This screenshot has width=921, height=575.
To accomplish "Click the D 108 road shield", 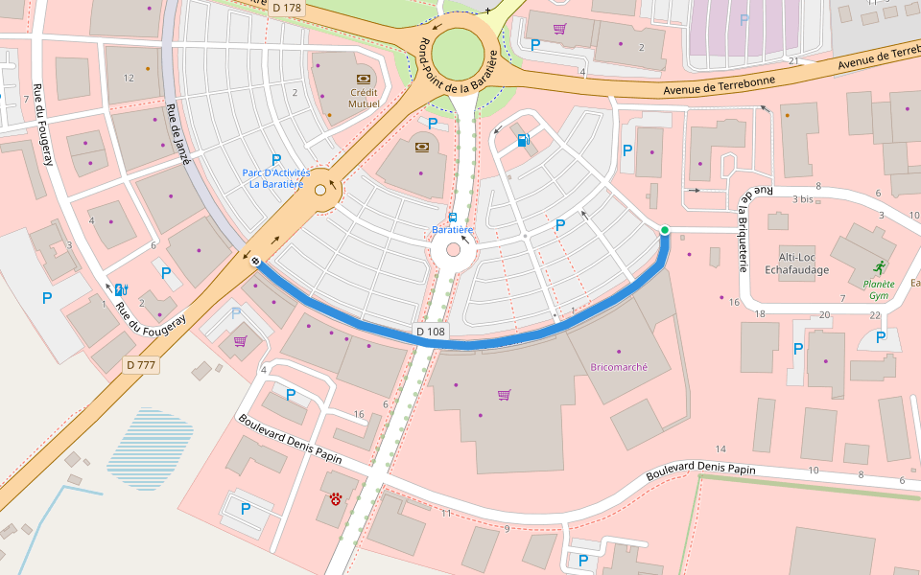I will pyautogui.click(x=432, y=332).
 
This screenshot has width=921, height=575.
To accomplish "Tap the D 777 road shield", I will pyautogui.click(x=141, y=365).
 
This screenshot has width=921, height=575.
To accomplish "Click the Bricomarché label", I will pyautogui.click(x=619, y=367).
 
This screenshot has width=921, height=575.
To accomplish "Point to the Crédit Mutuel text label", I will pyautogui.click(x=364, y=98).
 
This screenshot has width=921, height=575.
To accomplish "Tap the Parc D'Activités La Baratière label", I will pyautogui.click(x=276, y=178).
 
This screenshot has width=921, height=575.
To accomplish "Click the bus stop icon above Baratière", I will pyautogui.click(x=453, y=217).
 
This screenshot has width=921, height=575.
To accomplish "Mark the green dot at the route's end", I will pyautogui.click(x=664, y=229).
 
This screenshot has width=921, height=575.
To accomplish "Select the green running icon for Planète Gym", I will pyautogui.click(x=880, y=267).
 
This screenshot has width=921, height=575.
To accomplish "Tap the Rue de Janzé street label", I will pyautogui.click(x=178, y=134).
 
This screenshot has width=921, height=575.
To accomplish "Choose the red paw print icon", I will pyautogui.click(x=336, y=498).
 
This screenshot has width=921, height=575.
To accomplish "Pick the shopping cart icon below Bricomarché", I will pyautogui.click(x=504, y=395).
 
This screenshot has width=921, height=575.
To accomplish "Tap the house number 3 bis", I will pyautogui.click(x=804, y=199).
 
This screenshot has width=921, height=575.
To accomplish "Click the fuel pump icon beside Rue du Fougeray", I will pyautogui.click(x=121, y=289).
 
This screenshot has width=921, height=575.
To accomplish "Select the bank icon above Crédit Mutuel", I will pyautogui.click(x=364, y=79).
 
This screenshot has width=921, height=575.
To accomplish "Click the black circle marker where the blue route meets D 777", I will pyautogui.click(x=255, y=261).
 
